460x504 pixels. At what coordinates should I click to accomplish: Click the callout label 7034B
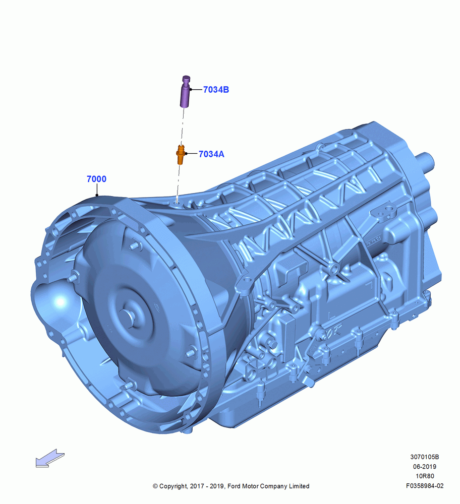216,90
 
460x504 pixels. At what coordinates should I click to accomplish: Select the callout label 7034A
211,154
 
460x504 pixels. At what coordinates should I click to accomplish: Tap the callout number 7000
96,179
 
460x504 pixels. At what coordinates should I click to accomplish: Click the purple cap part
185,91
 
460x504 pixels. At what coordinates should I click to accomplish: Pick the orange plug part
181,155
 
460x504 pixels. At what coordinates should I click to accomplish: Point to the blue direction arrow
50,458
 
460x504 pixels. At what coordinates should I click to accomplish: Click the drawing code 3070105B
425,457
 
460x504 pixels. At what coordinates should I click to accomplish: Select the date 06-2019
425,466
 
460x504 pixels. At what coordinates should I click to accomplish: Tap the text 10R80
425,476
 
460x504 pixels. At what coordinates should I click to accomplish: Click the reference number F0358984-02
425,486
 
